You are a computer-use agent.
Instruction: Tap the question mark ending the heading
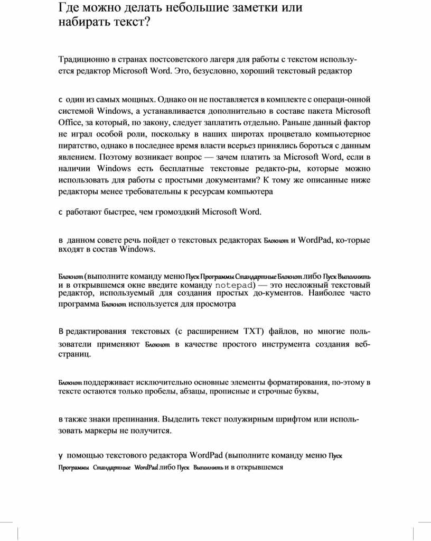coord(147,23)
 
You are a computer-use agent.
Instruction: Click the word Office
coord(68,123)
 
